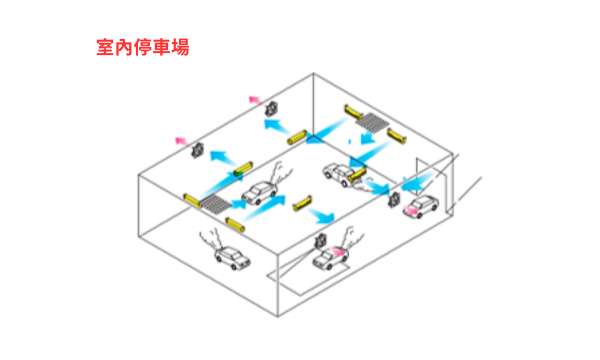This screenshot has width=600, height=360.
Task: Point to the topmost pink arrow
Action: [x=256, y=99]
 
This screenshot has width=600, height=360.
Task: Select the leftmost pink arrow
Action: [x=181, y=140]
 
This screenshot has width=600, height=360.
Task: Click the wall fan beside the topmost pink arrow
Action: [x=270, y=107]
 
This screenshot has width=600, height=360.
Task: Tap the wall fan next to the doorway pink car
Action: [x=395, y=199]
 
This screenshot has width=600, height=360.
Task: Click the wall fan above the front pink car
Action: [x=322, y=241]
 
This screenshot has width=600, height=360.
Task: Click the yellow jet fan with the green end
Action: [x=243, y=175]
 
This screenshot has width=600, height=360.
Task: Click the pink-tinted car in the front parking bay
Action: [x=329, y=260]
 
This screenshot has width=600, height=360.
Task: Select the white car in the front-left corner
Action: [x=229, y=259]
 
